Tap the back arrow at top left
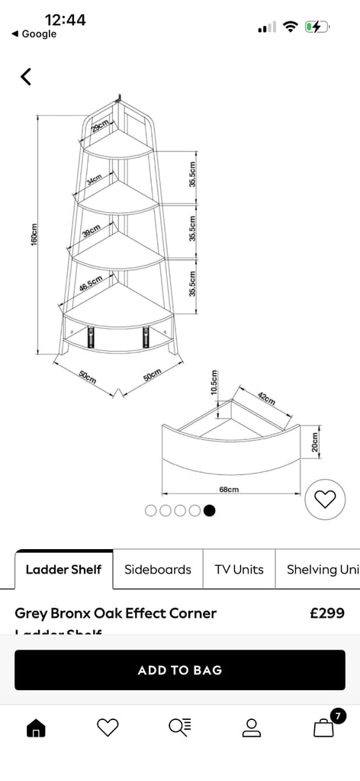[26, 76]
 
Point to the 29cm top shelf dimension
[99, 126]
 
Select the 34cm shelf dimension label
[94, 180]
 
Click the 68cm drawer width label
[229, 489]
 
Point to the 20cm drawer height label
[314, 443]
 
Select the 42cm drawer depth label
[265, 399]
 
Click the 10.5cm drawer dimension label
[214, 381]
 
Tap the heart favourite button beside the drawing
[325, 500]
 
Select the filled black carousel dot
[210, 510]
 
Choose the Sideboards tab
[158, 569]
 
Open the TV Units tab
[239, 569]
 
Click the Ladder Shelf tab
[63, 569]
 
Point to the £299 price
[327, 613]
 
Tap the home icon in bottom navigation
[36, 728]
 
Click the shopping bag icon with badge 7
[324, 728]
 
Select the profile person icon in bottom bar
[252, 728]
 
